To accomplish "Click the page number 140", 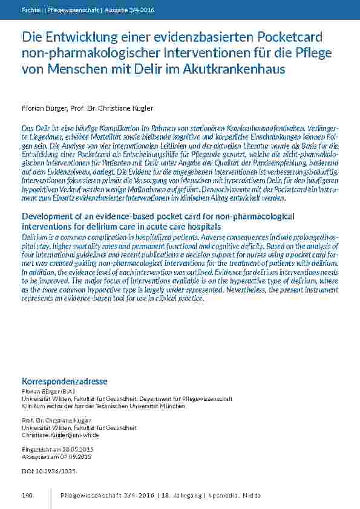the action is (x=27, y=496).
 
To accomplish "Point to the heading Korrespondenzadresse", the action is (x=64, y=381).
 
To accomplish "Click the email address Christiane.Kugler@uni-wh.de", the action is (x=60, y=435).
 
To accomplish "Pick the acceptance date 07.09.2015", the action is (x=67, y=456).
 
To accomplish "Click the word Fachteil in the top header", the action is (x=31, y=10).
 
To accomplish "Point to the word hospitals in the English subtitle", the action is (x=201, y=225).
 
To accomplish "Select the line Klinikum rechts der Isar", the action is (x=103, y=406).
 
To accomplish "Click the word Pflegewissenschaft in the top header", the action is (x=74, y=10).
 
